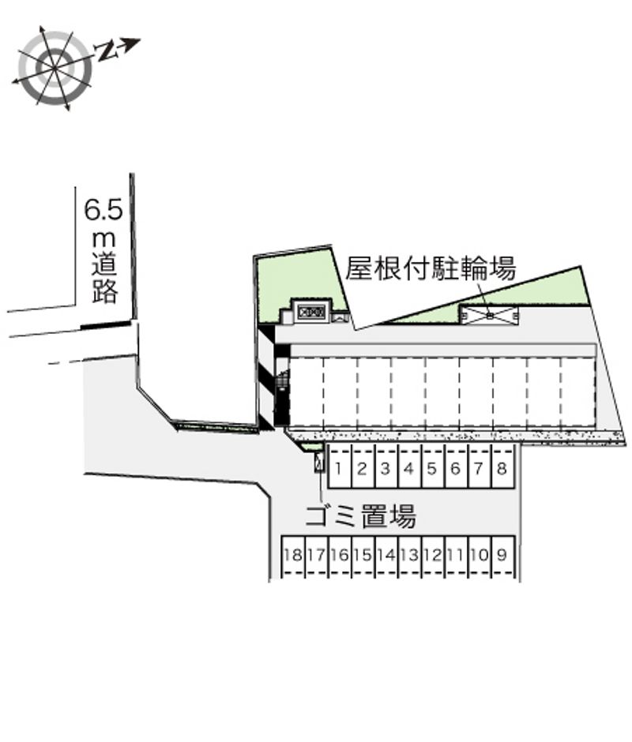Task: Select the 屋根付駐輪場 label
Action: (431, 269)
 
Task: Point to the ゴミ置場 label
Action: (360, 518)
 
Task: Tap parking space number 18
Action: (292, 555)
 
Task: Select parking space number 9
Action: (502, 555)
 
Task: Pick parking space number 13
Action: (408, 555)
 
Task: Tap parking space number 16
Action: (339, 555)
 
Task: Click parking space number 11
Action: (456, 555)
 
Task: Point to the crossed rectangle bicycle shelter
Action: (489, 315)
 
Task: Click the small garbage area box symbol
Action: (319, 463)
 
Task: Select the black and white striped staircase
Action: (265, 377)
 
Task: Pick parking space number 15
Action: (362, 555)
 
